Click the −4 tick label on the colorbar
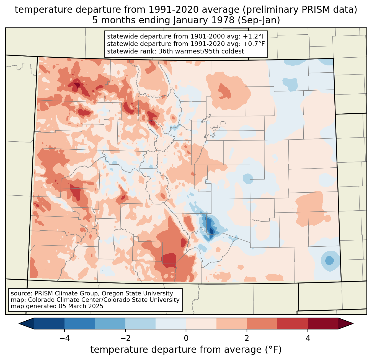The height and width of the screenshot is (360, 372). [64, 338]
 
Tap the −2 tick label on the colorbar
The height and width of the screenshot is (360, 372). [125, 338]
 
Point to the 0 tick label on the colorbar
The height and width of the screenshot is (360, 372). [186, 338]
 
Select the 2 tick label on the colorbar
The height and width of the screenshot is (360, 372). [247, 338]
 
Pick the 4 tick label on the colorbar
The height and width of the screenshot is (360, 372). [308, 338]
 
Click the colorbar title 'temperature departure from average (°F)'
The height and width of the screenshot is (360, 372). [186, 350]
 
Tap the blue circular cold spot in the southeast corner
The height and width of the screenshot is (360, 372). [329, 261]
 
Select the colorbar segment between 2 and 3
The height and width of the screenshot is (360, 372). [262, 323]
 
